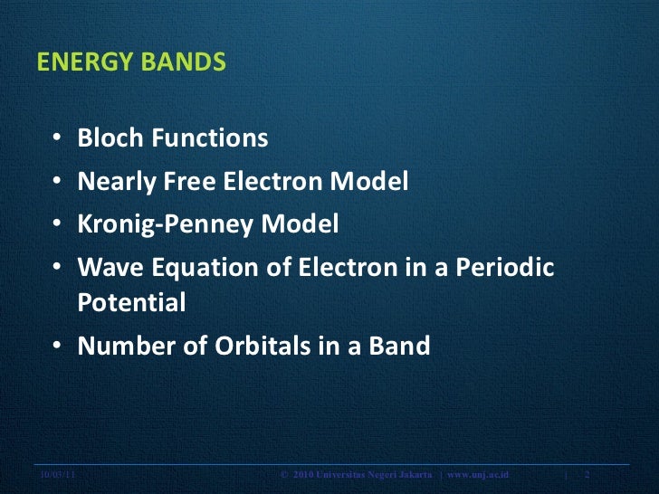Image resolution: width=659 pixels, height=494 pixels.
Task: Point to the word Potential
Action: (x=131, y=303)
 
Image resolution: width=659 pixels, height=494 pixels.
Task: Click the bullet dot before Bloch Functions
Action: (x=57, y=139)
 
